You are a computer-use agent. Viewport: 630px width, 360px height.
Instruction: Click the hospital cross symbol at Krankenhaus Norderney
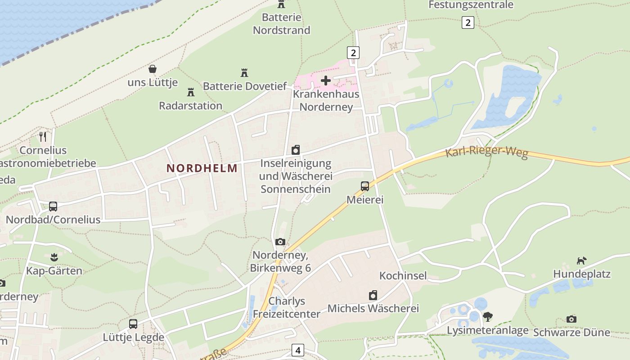pos(326,81)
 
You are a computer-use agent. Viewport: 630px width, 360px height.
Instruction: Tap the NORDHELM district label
pos(202,168)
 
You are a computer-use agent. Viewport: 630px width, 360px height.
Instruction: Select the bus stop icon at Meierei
pos(365,186)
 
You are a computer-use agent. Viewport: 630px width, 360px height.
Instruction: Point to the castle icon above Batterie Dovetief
pos(244,72)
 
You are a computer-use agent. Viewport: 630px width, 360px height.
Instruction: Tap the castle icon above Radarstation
pos(191,92)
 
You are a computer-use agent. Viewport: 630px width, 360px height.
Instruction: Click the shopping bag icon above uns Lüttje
pos(153,69)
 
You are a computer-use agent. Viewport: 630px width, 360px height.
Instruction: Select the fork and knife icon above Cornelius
pos(43,136)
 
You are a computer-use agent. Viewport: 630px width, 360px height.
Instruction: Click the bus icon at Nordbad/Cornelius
pos(53,207)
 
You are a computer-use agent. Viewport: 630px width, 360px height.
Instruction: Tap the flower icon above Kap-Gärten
pos(54,257)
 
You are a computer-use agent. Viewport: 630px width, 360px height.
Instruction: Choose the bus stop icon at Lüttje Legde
pos(133,324)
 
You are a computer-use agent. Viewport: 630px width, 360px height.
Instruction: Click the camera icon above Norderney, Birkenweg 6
pos(280,242)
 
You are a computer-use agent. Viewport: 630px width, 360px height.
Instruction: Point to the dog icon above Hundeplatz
pos(582,261)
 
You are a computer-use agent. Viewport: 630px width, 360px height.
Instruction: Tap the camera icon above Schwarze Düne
pos(571,319)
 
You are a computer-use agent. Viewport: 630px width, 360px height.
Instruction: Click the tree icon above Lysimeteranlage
pos(487,317)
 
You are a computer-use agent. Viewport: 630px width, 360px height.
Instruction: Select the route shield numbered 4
pos(297,350)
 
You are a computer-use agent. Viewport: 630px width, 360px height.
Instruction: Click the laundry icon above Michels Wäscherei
pos(373,295)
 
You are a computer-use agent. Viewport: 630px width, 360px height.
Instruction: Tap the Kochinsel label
pos(403,275)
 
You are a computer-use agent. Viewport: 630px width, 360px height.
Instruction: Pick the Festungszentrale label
pos(471,5)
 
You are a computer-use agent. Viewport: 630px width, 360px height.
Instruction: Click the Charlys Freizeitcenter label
pos(287,307)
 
